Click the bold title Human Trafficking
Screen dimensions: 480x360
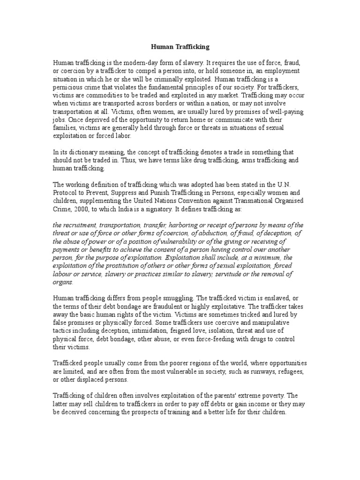point(180,47)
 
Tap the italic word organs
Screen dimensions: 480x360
point(63,283)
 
